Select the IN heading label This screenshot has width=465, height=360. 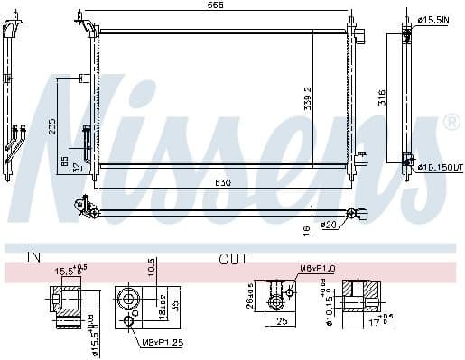34,259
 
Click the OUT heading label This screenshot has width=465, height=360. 232,259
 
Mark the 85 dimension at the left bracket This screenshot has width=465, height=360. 63,162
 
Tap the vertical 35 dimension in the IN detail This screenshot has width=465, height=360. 175,304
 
